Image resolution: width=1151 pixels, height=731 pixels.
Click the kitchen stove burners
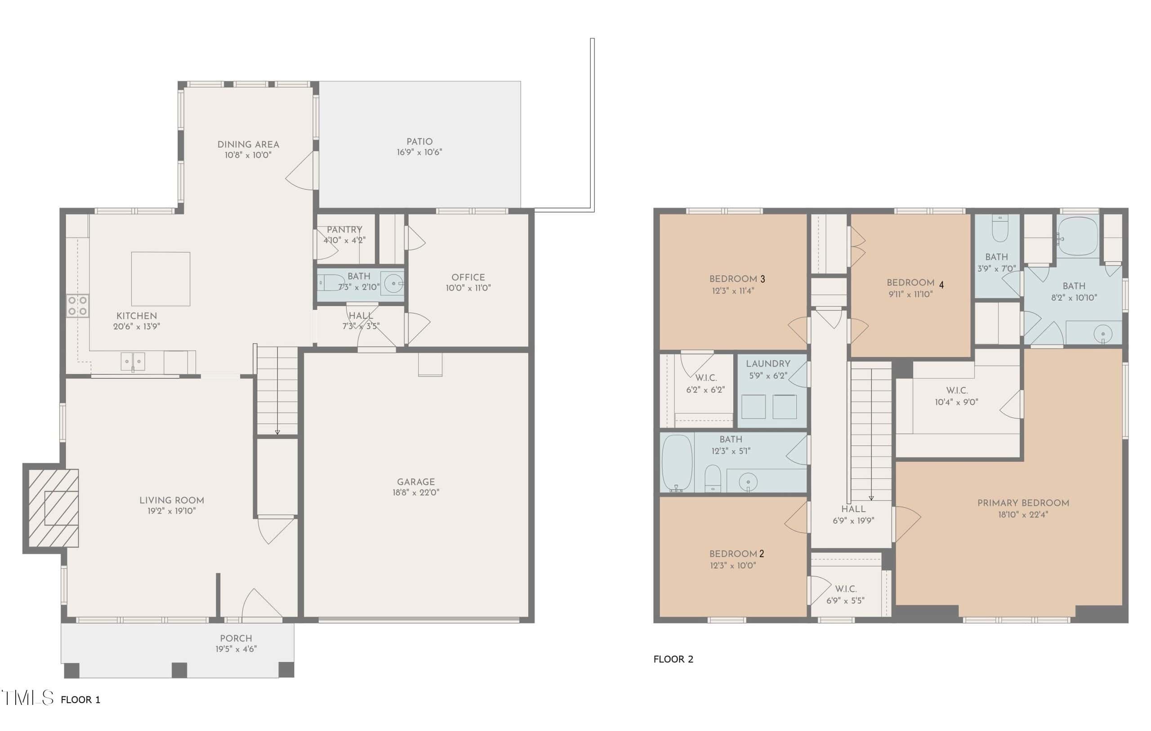tap(77, 306)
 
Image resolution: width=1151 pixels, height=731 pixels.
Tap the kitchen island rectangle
tap(161, 279)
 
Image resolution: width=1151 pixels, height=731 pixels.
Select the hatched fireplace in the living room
tap(54, 508)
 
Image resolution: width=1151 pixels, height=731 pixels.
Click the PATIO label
tap(419, 142)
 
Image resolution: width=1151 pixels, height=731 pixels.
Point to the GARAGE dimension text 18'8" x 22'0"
tap(416, 492)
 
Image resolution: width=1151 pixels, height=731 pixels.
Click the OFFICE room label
tap(468, 277)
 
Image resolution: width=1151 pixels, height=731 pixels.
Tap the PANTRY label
tap(344, 229)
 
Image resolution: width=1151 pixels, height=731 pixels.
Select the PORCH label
tap(236, 638)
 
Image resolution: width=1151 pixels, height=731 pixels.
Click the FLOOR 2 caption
tap(673, 659)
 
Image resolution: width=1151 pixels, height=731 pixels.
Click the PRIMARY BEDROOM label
tap(1023, 503)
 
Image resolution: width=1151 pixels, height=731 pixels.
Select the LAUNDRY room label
tap(768, 364)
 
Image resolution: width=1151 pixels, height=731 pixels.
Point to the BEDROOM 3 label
tap(737, 279)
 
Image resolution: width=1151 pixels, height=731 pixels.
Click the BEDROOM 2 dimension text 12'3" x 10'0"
tap(733, 566)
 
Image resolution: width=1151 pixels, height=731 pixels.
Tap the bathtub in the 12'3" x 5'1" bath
tap(676, 463)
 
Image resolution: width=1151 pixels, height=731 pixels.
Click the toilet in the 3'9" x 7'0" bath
tap(1000, 228)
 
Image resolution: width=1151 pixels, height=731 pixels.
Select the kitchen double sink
tap(132, 362)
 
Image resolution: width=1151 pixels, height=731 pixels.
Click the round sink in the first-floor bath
tap(394, 284)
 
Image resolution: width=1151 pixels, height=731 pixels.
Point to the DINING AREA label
tap(248, 144)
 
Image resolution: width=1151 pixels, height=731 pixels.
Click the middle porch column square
tap(179, 669)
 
